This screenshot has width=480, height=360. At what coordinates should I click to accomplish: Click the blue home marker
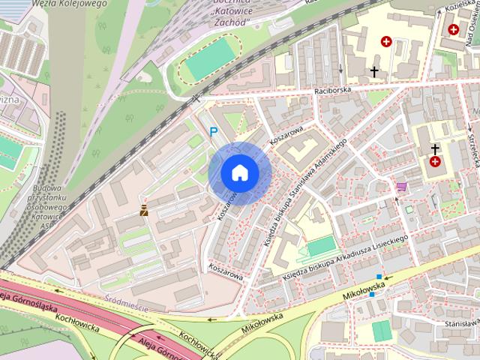click(239, 172)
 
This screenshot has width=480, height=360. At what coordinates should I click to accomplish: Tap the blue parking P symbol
click(214, 132)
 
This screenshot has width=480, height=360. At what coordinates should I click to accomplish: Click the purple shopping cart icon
click(402, 185)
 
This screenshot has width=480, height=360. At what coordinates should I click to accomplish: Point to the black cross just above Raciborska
click(374, 72)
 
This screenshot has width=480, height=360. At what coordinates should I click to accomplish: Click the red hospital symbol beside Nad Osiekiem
click(453, 29)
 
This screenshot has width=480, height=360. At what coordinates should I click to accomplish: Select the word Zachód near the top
click(230, 22)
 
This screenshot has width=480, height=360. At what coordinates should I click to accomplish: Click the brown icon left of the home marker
click(143, 212)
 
